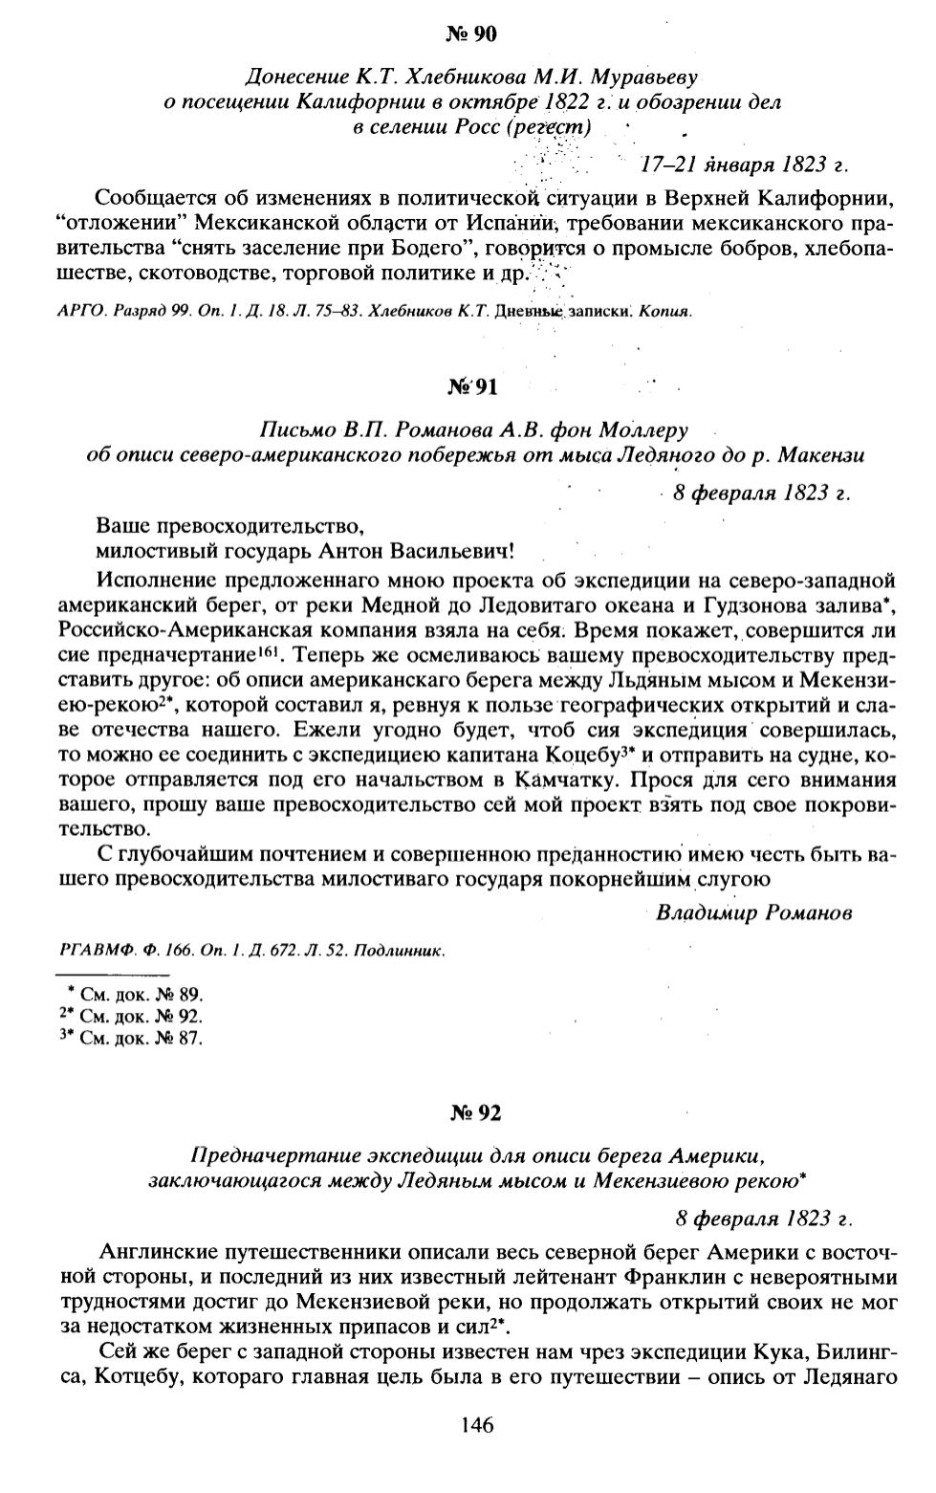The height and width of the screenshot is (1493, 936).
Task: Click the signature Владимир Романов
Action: click(753, 911)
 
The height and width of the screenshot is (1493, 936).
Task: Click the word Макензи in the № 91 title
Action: click(828, 455)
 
